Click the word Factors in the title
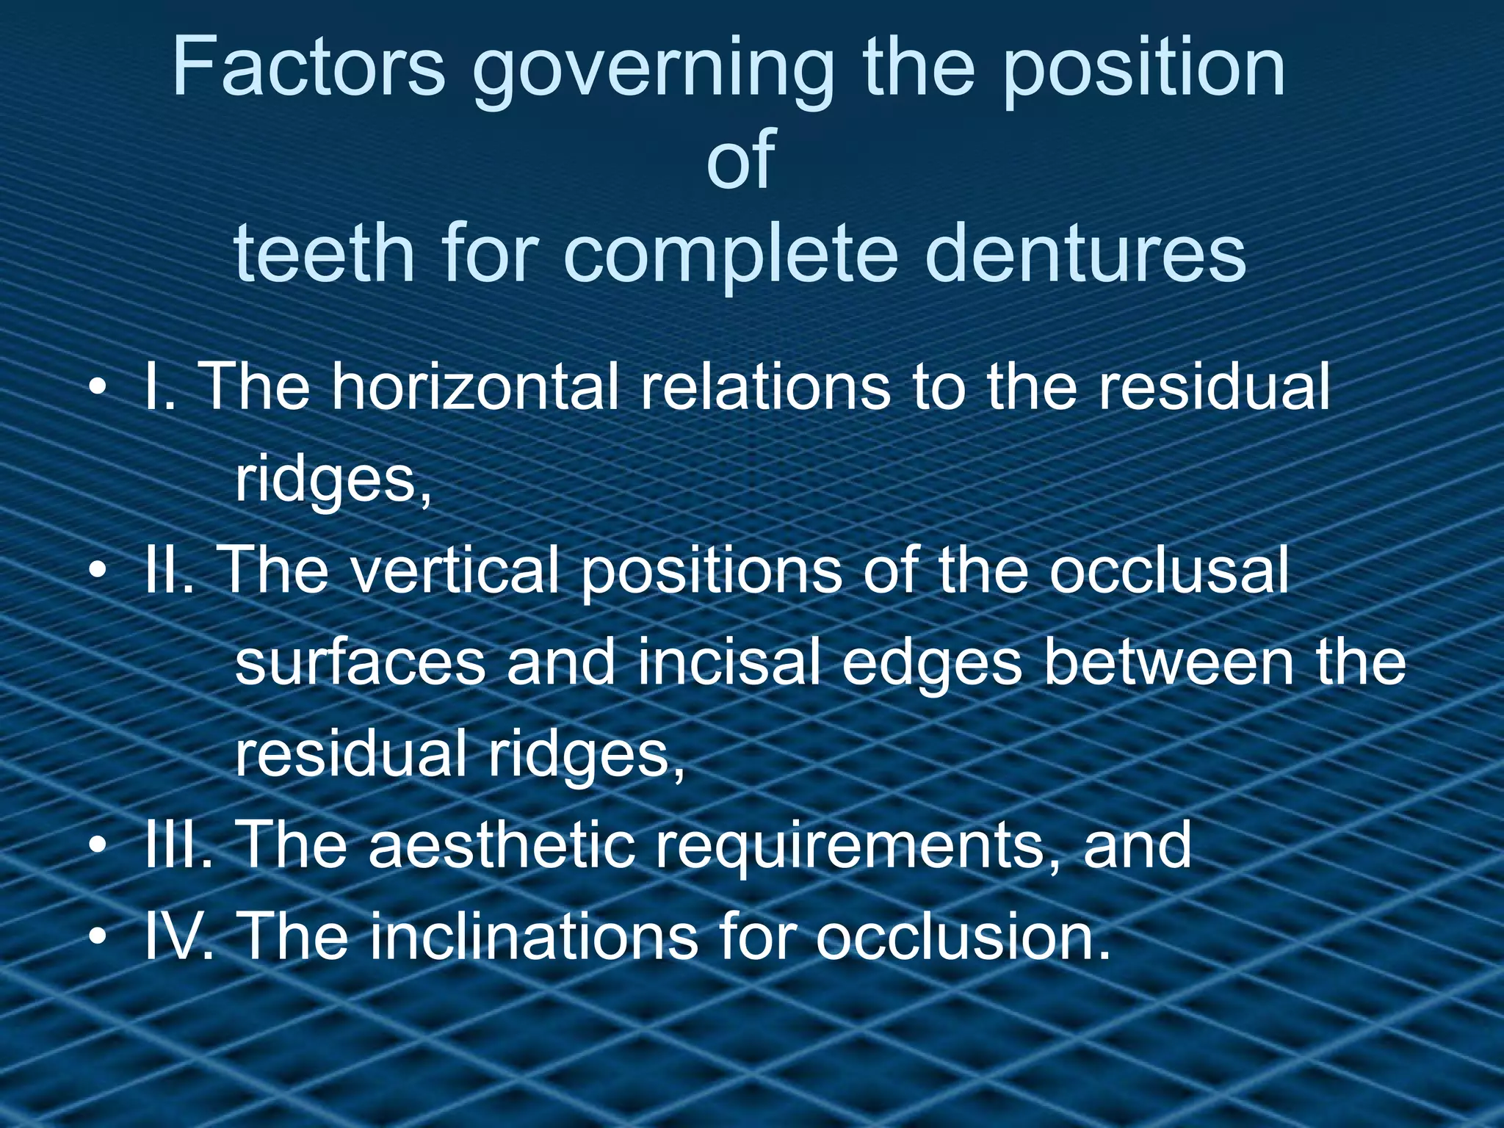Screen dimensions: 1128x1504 (308, 68)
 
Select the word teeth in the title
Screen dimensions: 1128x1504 (324, 254)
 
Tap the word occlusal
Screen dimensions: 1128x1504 (1168, 571)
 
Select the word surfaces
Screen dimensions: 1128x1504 (360, 662)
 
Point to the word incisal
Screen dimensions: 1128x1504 (728, 662)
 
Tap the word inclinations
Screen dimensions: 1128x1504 (533, 937)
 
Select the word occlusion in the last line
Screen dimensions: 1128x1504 (962, 937)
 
